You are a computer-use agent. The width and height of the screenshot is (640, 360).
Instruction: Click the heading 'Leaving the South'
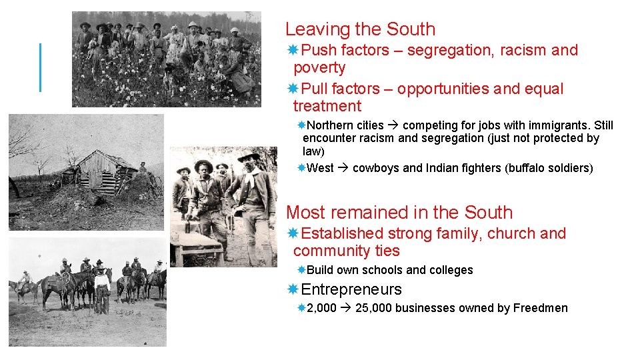[360, 29]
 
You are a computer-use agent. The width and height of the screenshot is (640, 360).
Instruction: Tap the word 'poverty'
[319, 67]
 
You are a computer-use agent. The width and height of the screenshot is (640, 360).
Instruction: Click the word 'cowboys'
[376, 168]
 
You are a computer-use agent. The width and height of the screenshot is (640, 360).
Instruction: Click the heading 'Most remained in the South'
[399, 213]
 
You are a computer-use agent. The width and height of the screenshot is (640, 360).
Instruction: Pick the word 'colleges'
[451, 270]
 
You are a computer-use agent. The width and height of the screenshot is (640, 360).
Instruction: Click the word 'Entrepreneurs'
[351, 289]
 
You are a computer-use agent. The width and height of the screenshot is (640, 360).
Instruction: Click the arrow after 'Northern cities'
[393, 125]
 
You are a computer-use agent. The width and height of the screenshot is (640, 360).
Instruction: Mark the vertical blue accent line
[41, 67]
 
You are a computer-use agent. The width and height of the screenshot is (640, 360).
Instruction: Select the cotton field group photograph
[167, 59]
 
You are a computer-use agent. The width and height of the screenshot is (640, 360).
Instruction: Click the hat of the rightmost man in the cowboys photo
[249, 156]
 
